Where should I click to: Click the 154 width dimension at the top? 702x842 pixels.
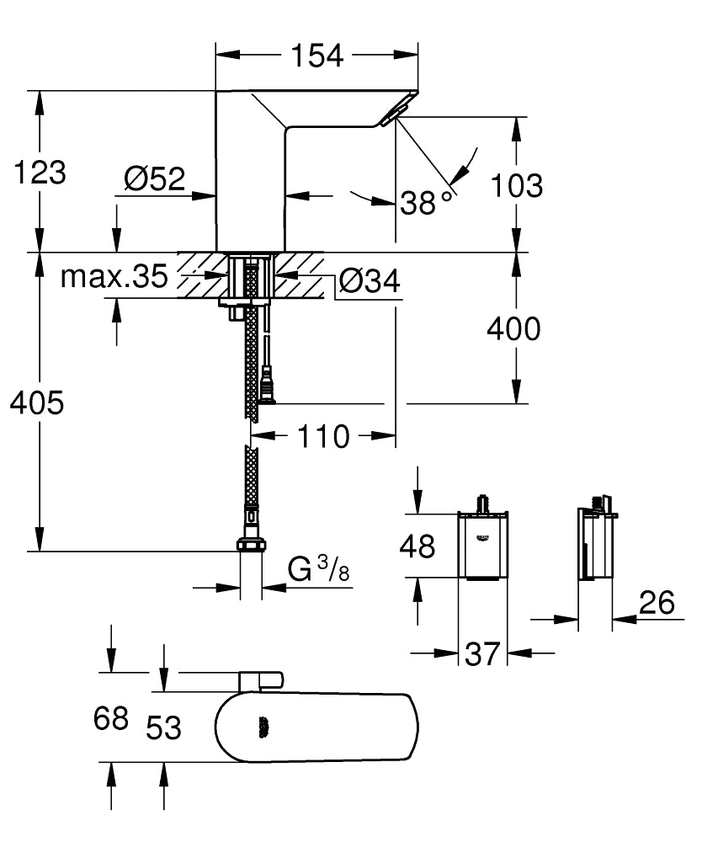pyautogui.click(x=316, y=56)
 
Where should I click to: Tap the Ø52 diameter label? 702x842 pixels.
pyautogui.click(x=154, y=179)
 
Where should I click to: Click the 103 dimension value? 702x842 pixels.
pyautogui.click(x=516, y=185)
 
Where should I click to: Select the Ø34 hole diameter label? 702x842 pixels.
pyautogui.click(x=370, y=281)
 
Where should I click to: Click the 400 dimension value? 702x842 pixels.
pyautogui.click(x=514, y=328)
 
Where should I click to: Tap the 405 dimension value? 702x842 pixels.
pyautogui.click(x=37, y=403)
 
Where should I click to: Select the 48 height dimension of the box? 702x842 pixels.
pyautogui.click(x=417, y=546)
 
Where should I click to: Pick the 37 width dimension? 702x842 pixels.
pyautogui.click(x=482, y=653)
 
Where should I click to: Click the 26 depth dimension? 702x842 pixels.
pyautogui.click(x=657, y=603)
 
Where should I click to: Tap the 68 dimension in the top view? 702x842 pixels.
pyautogui.click(x=110, y=718)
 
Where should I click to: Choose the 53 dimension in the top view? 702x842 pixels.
pyautogui.click(x=163, y=727)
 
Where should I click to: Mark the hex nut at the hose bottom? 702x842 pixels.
pyautogui.click(x=250, y=545)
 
